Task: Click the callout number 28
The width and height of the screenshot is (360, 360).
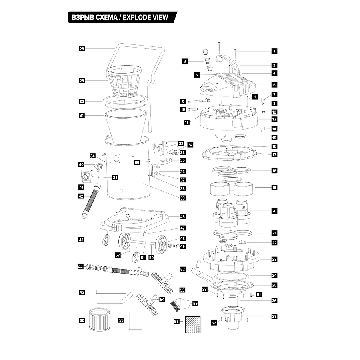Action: coord(82,49)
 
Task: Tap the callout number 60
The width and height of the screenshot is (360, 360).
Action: coord(82,320)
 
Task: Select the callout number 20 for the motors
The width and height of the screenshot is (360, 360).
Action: coord(274,211)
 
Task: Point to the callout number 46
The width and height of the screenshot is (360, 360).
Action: coord(182,216)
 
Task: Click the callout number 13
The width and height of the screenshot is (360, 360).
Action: coord(274,119)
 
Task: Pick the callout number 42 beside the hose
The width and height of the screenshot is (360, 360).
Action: coord(81,196)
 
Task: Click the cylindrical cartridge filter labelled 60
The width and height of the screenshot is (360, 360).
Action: coord(100,320)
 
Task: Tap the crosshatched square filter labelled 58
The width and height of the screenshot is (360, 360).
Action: coord(193,325)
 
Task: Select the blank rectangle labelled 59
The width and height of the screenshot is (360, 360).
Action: coord(136,321)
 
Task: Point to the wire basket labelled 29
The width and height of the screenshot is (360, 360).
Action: coord(124,82)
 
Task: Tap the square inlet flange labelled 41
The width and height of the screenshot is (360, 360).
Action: coord(86,177)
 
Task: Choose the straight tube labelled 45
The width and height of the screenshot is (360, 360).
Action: coord(111,292)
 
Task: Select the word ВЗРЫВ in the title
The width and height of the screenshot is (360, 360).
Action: coord(82,18)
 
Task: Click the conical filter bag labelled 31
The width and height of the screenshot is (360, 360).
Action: coord(126,126)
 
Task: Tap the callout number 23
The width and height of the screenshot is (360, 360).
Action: coord(274,260)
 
